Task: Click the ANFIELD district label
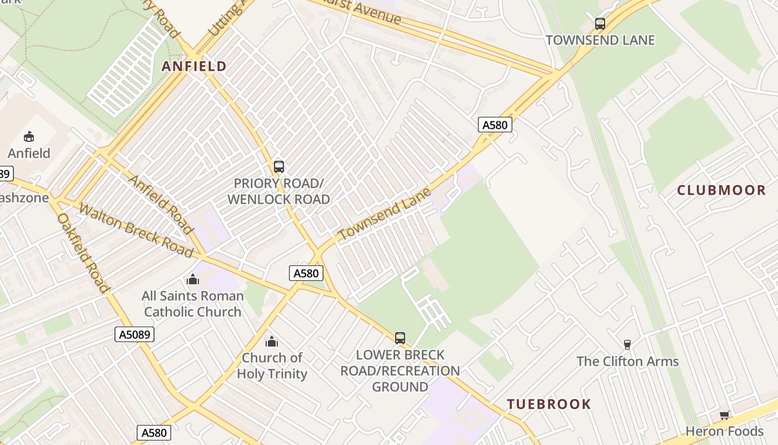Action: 194,67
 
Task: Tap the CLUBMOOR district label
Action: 721,190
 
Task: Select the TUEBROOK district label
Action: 548,404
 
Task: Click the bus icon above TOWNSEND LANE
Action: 600,24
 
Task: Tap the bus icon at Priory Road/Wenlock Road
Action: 279,166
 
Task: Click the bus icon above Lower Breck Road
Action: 400,338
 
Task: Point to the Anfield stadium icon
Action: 29,136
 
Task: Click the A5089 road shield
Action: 134,334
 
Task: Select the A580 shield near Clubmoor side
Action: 495,125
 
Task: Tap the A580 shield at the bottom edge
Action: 153,433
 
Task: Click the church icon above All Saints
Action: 193,279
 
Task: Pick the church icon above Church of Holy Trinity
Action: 272,341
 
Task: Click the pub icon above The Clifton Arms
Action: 627,345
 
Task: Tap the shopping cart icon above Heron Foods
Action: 724,415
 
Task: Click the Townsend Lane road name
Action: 385,214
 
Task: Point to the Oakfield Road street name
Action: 82,253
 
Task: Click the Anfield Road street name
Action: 161,204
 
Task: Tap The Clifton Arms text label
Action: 627,362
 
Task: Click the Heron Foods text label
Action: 724,431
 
